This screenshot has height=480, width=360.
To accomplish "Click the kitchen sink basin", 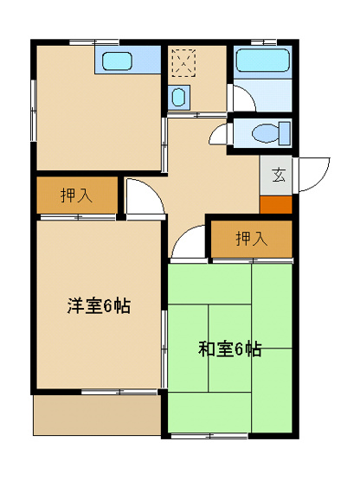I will pyautogui.click(x=116, y=61).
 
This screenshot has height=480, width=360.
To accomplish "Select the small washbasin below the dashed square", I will pyautogui.click(x=179, y=97).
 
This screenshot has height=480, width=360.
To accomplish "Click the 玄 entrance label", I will pyautogui.click(x=279, y=175).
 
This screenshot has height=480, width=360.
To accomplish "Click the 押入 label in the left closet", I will pyautogui.click(x=76, y=195).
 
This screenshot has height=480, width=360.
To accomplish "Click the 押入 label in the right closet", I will pyautogui.click(x=251, y=238).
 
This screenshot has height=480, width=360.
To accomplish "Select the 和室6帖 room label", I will pyautogui.click(x=229, y=349).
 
